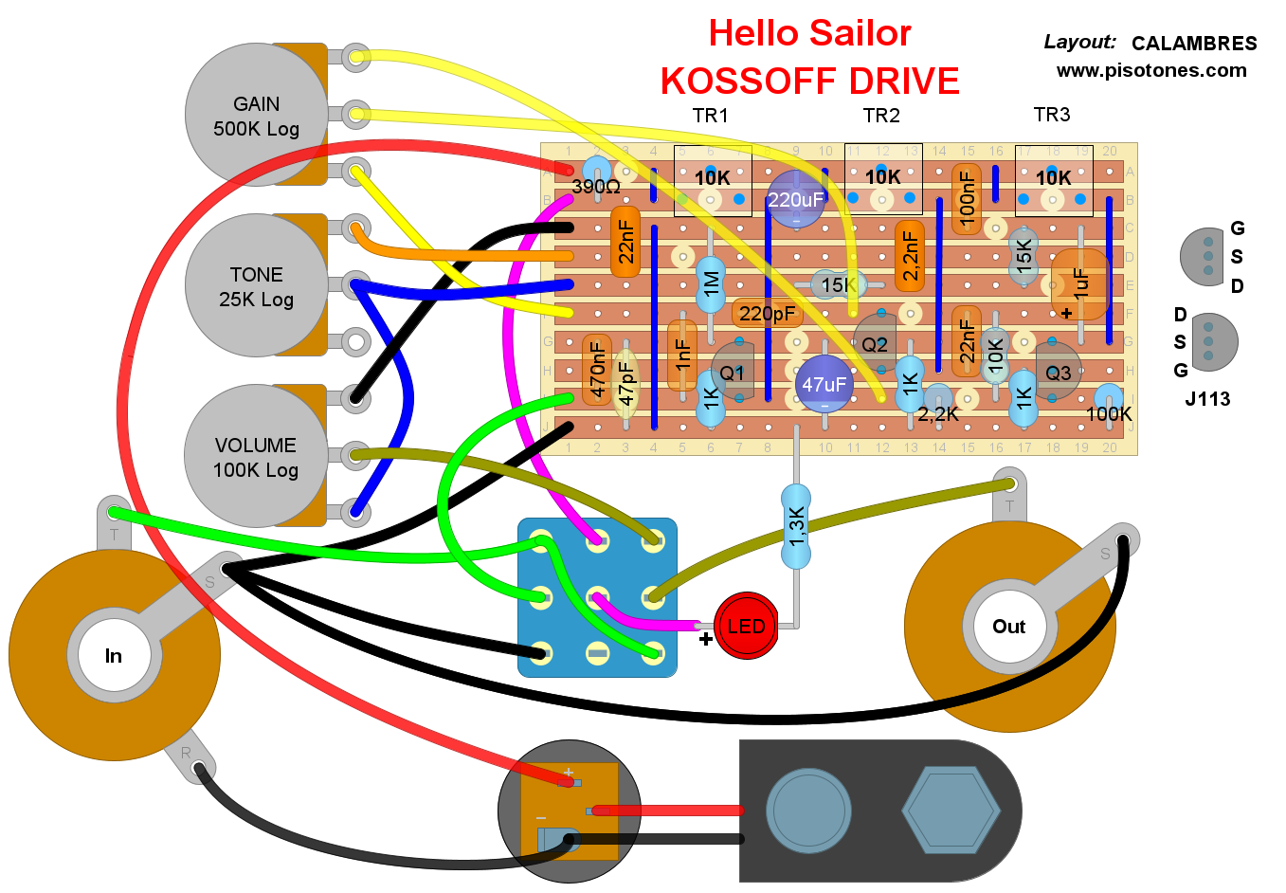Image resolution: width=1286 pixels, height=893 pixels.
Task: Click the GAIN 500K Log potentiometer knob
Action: [x=256, y=115]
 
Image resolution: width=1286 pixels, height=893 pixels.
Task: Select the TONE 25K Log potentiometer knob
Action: [x=256, y=285]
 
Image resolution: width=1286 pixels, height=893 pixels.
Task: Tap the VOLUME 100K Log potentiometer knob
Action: [x=256, y=456]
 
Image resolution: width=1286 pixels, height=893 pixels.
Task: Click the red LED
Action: [x=746, y=626]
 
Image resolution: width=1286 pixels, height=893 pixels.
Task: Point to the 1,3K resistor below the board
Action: [x=796, y=526]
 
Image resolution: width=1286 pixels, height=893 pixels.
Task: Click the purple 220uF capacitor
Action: [x=795, y=199]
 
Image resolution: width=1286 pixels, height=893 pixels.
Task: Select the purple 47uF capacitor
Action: [x=824, y=384]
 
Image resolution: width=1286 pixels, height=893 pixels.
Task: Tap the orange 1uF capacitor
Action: [x=1080, y=283]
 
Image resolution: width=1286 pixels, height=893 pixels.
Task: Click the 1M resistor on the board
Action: [x=711, y=284]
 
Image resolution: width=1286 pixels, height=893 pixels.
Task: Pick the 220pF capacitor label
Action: [x=767, y=313]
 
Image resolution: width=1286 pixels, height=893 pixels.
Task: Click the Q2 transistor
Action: [x=874, y=344]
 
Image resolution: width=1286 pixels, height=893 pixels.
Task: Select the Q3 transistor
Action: [x=1058, y=373]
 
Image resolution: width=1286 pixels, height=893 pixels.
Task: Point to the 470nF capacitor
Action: [x=597, y=370]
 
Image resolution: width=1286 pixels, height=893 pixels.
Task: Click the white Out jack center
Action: [x=1008, y=627]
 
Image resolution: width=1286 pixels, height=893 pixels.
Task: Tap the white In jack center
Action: [x=114, y=655]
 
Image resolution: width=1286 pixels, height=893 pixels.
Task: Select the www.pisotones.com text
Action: [x=1151, y=70]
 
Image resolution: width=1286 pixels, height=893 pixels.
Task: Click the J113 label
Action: [x=1207, y=399]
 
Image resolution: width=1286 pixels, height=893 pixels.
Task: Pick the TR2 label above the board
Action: [x=881, y=116]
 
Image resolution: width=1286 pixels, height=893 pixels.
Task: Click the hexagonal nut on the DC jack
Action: [x=951, y=811]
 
